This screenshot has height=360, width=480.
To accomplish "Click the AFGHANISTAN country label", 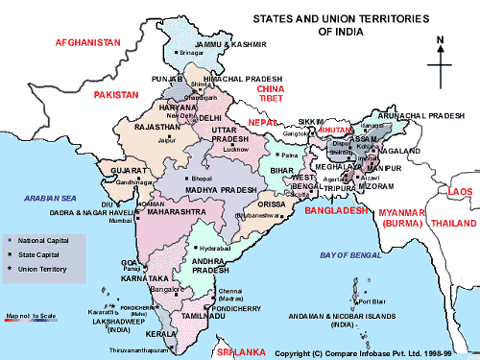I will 87,43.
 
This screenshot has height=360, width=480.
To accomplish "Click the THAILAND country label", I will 454,223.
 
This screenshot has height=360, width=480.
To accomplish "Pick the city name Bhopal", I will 201,179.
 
